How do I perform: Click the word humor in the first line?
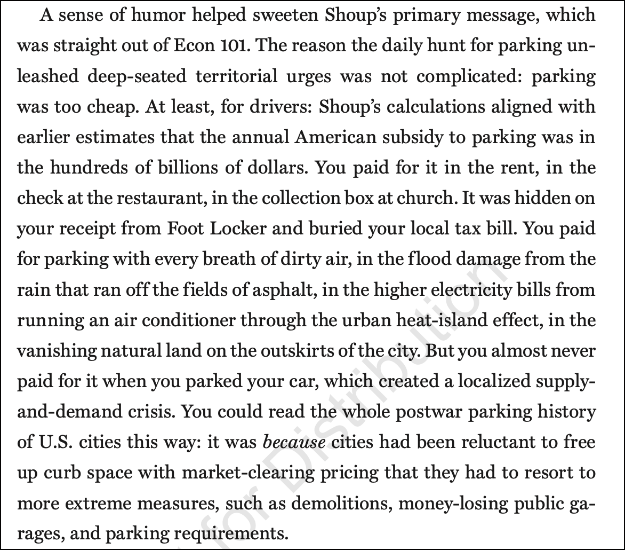coord(147,15)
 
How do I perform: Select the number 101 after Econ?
coord(239,46)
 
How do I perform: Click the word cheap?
coord(102,107)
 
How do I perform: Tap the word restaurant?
coord(163,198)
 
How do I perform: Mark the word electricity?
coord(463,289)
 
